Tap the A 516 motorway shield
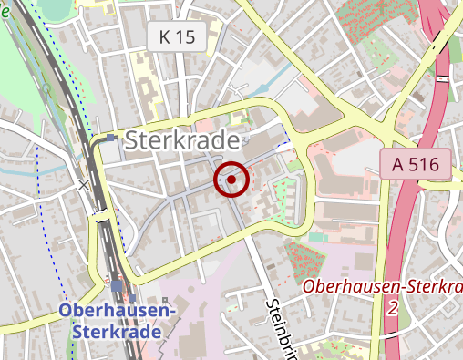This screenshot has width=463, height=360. (417, 165)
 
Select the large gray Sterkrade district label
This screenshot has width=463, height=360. (186, 140)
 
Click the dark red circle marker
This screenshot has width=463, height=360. (231, 180)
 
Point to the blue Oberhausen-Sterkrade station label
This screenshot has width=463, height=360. (117, 320)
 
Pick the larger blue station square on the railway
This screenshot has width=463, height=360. (117, 285)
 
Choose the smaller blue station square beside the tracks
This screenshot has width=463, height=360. (133, 297)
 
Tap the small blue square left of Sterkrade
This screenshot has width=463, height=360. (110, 139)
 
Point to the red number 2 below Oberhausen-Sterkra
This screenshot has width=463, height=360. (393, 308)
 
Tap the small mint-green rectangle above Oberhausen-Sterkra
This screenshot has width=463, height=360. (316, 237)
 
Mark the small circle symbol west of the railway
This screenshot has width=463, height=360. (46, 88)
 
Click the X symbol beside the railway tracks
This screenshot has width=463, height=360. (84, 185)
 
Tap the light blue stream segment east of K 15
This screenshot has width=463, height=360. (239, 90)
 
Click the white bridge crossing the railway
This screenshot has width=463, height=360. (102, 216)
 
